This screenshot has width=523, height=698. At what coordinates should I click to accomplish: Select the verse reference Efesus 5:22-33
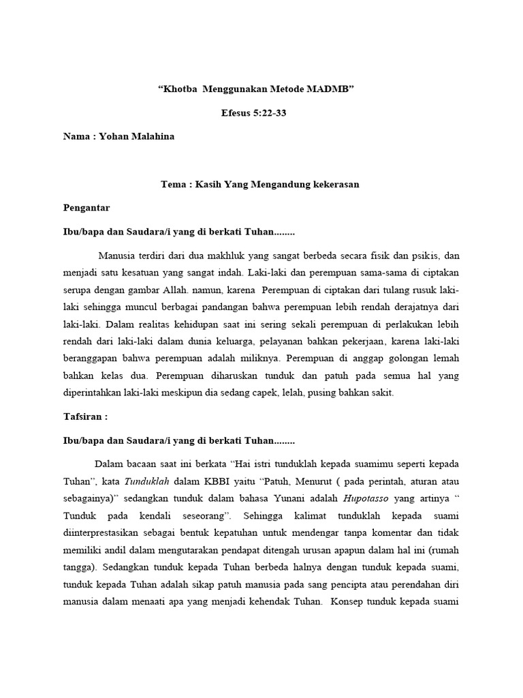[x=255, y=113]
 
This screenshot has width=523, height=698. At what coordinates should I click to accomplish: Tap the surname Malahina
[x=150, y=136]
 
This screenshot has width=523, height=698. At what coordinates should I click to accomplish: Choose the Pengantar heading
[x=86, y=207]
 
